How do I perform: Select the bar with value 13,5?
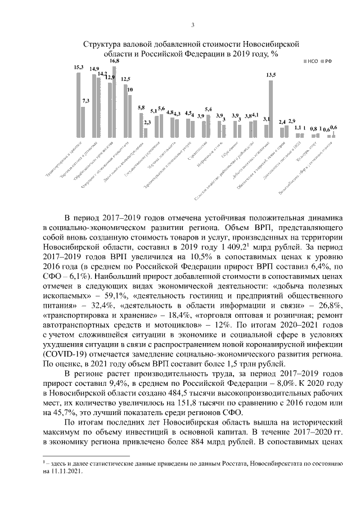(271, 109)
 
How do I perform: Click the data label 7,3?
(85, 101)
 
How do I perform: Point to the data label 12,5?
(125, 79)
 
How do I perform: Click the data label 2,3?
(147, 122)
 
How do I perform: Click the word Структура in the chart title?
(101, 44)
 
